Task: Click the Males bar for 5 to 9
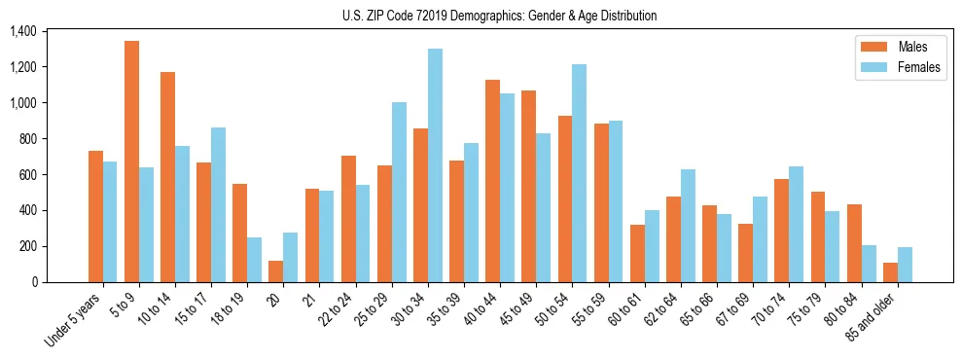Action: click(132, 162)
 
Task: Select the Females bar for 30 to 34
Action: click(435, 165)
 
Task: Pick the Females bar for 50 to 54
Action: click(580, 173)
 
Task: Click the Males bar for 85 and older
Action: click(890, 272)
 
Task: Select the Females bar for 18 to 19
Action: click(254, 260)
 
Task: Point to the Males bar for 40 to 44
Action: click(493, 181)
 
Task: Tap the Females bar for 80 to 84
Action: click(869, 264)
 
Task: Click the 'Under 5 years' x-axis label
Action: click(74, 320)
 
